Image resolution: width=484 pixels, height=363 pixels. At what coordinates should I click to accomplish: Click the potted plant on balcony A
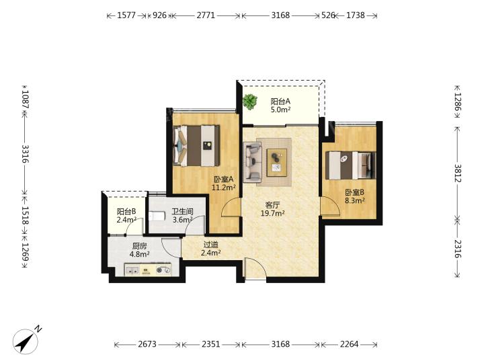click(x=249, y=102)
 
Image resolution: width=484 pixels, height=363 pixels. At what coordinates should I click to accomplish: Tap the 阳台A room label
click(x=280, y=102)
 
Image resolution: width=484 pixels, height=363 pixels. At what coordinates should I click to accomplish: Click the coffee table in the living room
click(x=277, y=163)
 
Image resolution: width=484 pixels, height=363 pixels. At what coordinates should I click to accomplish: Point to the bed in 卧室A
click(x=196, y=145)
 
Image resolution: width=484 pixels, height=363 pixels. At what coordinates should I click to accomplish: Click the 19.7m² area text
click(x=272, y=213)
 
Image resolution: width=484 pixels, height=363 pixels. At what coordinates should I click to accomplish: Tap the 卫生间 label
click(x=182, y=212)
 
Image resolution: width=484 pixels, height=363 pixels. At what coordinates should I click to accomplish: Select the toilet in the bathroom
click(x=155, y=216)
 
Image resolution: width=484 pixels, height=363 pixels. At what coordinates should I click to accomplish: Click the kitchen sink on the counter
click(x=132, y=270)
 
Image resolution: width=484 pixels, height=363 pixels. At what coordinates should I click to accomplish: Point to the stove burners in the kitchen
click(x=163, y=270)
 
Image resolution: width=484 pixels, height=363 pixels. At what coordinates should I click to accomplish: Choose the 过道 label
click(x=211, y=245)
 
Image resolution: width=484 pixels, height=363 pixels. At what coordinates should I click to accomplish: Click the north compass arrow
click(x=26, y=341)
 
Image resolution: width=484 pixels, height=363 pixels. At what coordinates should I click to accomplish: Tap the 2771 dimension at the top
click(x=206, y=15)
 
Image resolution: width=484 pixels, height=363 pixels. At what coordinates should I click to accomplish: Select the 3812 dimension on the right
click(x=457, y=173)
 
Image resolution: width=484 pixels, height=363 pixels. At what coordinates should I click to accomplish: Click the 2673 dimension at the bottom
click(x=147, y=344)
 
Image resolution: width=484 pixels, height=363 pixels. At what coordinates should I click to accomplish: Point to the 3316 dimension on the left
click(x=25, y=154)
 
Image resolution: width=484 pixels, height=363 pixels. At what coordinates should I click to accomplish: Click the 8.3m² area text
click(x=355, y=200)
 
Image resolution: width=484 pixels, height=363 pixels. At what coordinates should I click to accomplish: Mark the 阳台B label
click(x=126, y=212)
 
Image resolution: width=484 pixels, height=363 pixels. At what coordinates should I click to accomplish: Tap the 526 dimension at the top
click(x=328, y=15)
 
